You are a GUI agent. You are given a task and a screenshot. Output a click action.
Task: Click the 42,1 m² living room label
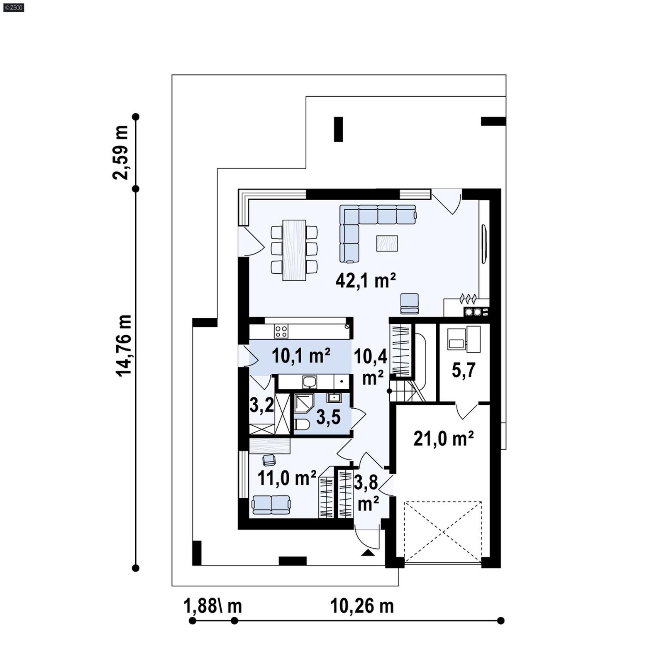coord(365,281)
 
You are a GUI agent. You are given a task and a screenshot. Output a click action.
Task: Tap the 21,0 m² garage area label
coord(443,439)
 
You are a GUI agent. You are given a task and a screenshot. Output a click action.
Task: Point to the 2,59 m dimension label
coord(120,152)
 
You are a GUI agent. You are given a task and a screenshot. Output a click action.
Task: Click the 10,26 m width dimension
coord(361,606)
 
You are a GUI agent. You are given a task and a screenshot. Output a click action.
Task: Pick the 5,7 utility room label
coord(463,370)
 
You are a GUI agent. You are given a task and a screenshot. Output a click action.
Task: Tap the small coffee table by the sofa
coord(387,243)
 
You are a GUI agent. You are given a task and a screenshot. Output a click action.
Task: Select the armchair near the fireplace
coord(409,304)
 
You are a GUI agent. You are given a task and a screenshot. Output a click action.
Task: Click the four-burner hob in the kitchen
coord(281,331)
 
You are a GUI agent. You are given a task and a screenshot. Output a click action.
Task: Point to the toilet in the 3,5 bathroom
coord(301,425)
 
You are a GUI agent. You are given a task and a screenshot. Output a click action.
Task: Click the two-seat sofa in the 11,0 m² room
coord(271,505)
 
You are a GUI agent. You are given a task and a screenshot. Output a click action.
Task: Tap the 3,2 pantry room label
coord(261,405)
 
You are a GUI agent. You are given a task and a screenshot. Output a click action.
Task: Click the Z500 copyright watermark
coord(13,7)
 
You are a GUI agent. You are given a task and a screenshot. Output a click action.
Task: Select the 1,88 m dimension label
coord(212,606)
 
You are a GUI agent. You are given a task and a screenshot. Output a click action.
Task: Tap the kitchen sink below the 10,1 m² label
coord(309,381)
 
